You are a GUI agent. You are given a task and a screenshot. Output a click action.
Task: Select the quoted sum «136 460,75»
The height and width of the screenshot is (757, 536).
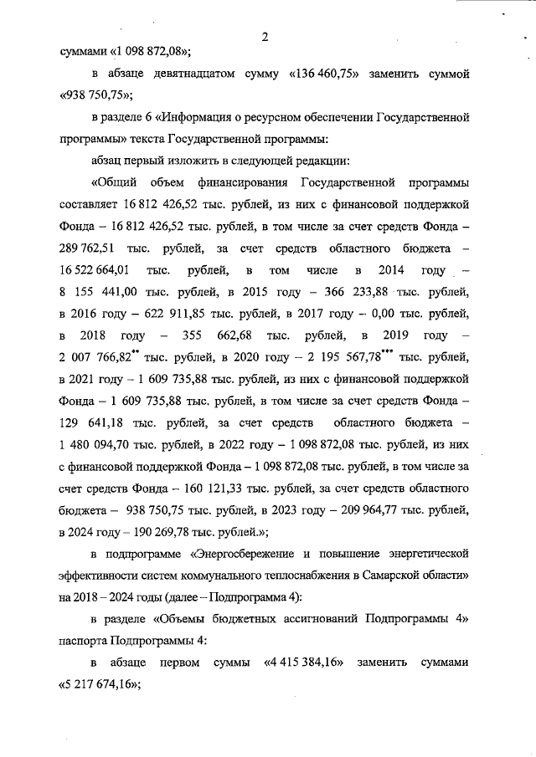(x=326, y=74)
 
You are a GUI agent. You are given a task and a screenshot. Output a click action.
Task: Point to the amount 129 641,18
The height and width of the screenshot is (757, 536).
(x=95, y=422)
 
